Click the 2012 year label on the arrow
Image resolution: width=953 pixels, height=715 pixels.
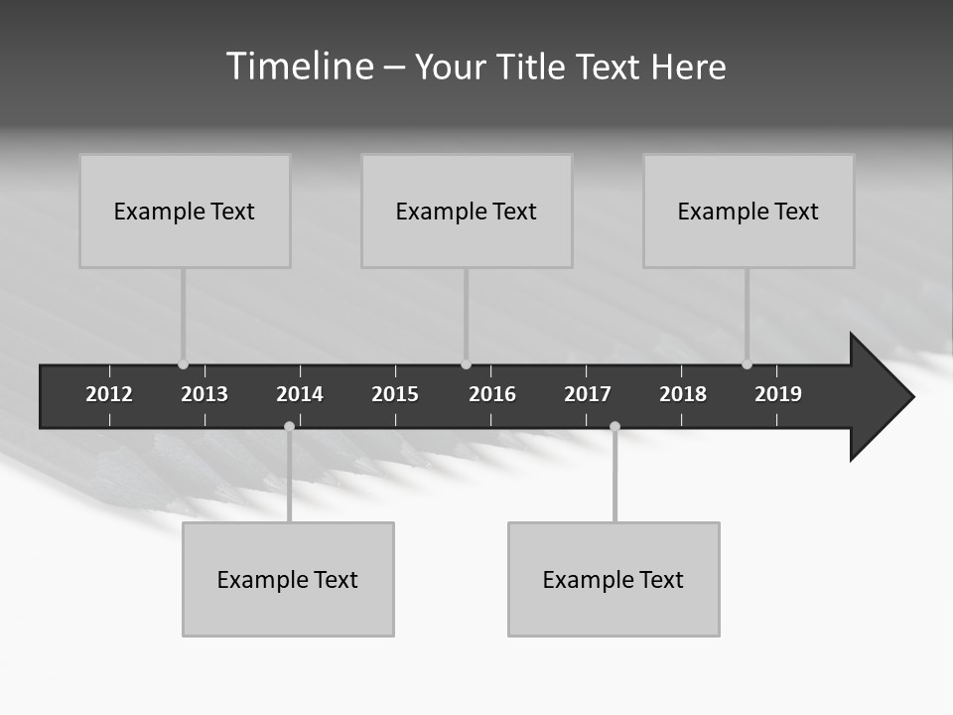(x=109, y=394)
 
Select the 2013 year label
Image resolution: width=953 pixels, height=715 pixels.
(x=204, y=394)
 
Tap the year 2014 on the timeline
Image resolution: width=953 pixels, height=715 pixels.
(x=300, y=394)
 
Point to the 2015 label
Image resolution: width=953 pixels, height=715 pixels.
(x=395, y=394)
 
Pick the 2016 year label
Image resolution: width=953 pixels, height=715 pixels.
(x=492, y=394)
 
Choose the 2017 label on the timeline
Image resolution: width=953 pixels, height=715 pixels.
(x=588, y=394)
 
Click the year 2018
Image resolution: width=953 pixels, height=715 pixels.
(x=683, y=394)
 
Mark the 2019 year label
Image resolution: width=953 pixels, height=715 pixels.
(x=778, y=394)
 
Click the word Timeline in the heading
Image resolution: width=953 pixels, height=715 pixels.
(x=299, y=67)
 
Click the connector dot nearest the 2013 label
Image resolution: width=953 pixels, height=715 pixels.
(x=183, y=364)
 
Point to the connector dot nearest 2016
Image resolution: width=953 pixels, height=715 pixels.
(x=466, y=364)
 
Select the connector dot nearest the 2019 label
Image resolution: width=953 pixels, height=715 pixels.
(x=747, y=364)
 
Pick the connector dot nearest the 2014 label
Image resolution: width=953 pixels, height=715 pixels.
(x=289, y=427)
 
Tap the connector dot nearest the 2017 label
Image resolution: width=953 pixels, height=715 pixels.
(x=614, y=427)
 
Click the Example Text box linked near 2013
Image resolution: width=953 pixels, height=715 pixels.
(x=185, y=212)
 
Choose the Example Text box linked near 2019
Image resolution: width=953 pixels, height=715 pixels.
(x=749, y=212)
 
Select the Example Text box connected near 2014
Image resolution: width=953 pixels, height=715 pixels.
(x=288, y=579)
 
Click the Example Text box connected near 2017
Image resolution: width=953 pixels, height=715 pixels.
(x=613, y=579)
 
